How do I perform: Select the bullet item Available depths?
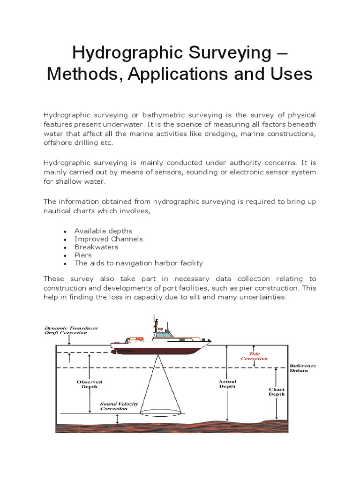[x=103, y=231]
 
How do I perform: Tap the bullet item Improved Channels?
[x=109, y=239]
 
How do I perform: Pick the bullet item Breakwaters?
[x=96, y=247]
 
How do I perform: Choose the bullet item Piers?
[x=83, y=255]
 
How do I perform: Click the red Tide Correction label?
[x=254, y=356]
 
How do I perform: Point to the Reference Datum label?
[x=303, y=368]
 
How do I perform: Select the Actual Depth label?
[x=227, y=383]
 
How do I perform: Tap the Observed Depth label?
[x=89, y=384]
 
